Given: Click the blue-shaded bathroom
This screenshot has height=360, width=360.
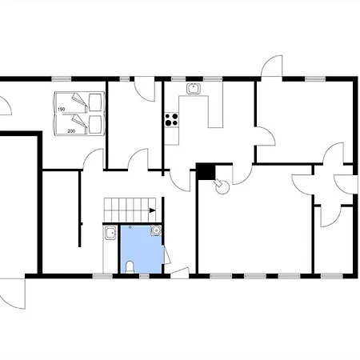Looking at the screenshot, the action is (x=141, y=250).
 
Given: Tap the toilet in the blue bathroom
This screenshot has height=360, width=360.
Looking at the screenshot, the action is (x=130, y=267).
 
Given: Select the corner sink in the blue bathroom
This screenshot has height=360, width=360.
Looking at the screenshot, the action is (x=156, y=230).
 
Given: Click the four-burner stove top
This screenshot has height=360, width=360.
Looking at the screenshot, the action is (x=171, y=119).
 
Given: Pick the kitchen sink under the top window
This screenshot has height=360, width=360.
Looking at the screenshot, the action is (x=194, y=89).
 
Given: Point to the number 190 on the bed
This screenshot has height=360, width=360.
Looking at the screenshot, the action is (x=62, y=110).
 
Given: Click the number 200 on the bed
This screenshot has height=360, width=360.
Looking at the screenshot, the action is (x=71, y=131).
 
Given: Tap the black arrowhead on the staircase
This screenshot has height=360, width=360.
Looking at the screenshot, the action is (x=152, y=210).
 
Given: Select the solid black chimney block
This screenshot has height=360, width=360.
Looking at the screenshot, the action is (x=206, y=171).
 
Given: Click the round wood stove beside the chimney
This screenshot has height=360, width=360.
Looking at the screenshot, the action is (x=222, y=187).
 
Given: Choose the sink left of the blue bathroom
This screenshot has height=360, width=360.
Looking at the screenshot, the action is (x=110, y=233).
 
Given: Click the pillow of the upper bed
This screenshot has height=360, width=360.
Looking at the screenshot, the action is (x=95, y=102).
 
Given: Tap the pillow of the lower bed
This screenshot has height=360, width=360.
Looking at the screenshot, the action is (x=95, y=125).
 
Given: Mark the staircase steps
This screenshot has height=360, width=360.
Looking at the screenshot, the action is (x=130, y=210).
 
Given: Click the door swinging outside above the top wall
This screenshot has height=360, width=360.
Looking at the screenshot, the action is (x=272, y=66).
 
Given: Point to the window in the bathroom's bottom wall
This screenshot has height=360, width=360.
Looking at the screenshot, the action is (x=144, y=276).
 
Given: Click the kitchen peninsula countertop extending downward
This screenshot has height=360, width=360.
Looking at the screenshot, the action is (x=215, y=105).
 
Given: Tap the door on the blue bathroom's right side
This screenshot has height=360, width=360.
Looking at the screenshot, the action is (x=166, y=254).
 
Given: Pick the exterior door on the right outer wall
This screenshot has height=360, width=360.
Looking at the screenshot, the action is (x=346, y=184).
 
